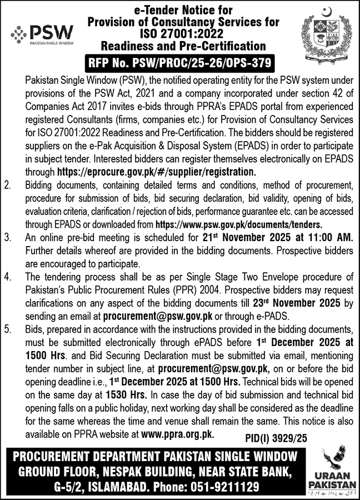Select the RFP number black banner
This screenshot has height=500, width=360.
point(179,62)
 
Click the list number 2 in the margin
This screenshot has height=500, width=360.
point(8,184)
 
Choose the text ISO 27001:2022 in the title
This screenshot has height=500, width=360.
point(179,34)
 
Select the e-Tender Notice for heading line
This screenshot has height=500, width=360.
point(179,10)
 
